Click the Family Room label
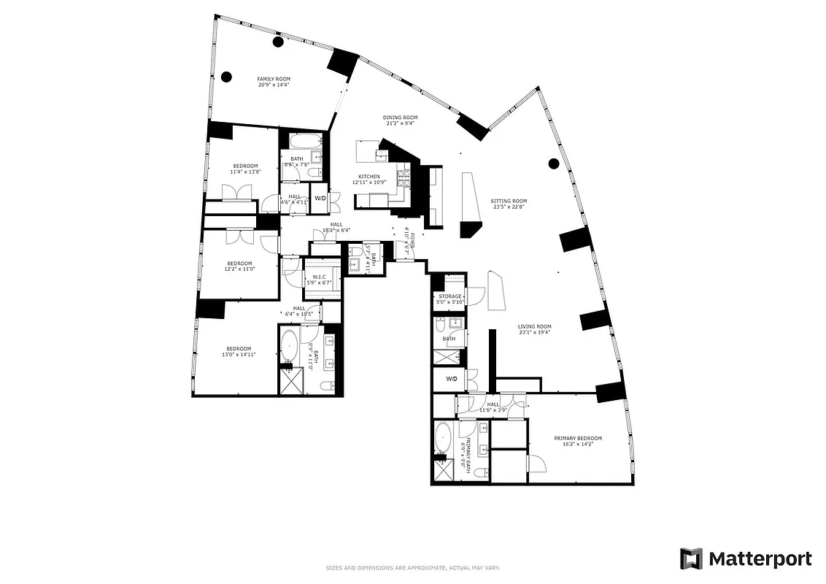click(x=274, y=79)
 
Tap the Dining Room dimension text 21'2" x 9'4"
click(x=401, y=124)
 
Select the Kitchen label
click(x=368, y=177)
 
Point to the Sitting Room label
click(x=509, y=201)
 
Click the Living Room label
click(x=534, y=326)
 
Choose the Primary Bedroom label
click(x=578, y=438)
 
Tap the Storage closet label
click(x=449, y=296)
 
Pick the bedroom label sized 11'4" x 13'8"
click(x=245, y=166)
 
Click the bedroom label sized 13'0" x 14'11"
click(x=238, y=348)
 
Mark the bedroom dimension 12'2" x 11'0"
click(x=239, y=269)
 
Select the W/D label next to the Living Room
click(x=451, y=379)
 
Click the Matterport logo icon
click(x=691, y=559)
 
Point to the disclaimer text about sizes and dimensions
click(x=412, y=567)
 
